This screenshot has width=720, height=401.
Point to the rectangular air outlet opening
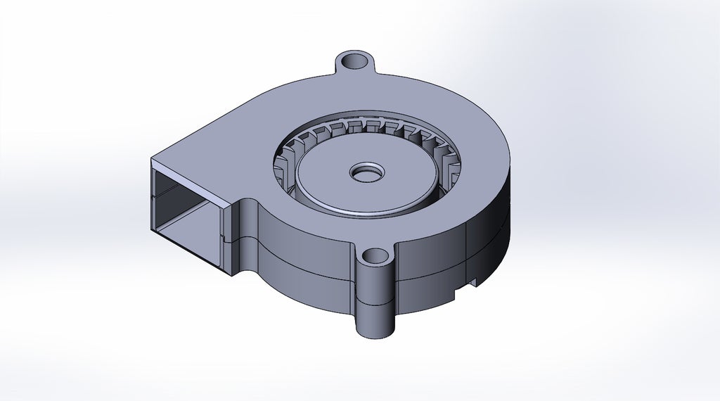point(186,211)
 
